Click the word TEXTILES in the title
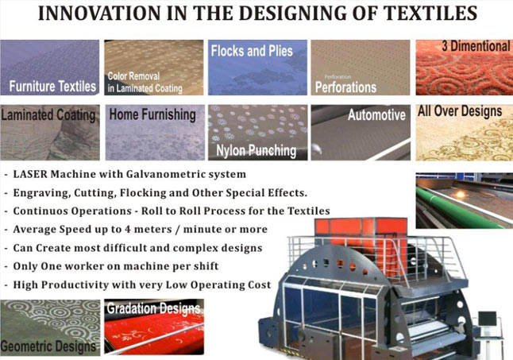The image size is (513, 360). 430,13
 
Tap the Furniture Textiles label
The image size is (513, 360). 52,87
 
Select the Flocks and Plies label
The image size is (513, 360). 252,51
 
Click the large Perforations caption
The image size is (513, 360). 345,87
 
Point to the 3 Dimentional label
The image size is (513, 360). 476,46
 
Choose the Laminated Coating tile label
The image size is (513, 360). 48,115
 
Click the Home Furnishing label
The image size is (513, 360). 152,114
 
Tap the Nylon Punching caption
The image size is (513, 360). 256,151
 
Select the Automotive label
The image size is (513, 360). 376,115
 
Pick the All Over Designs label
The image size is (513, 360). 460,111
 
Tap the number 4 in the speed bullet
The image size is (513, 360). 128,230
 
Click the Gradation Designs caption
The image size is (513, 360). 153,308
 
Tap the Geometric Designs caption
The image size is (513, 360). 48,346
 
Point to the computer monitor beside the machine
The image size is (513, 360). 487,319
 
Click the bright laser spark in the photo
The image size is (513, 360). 461,194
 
